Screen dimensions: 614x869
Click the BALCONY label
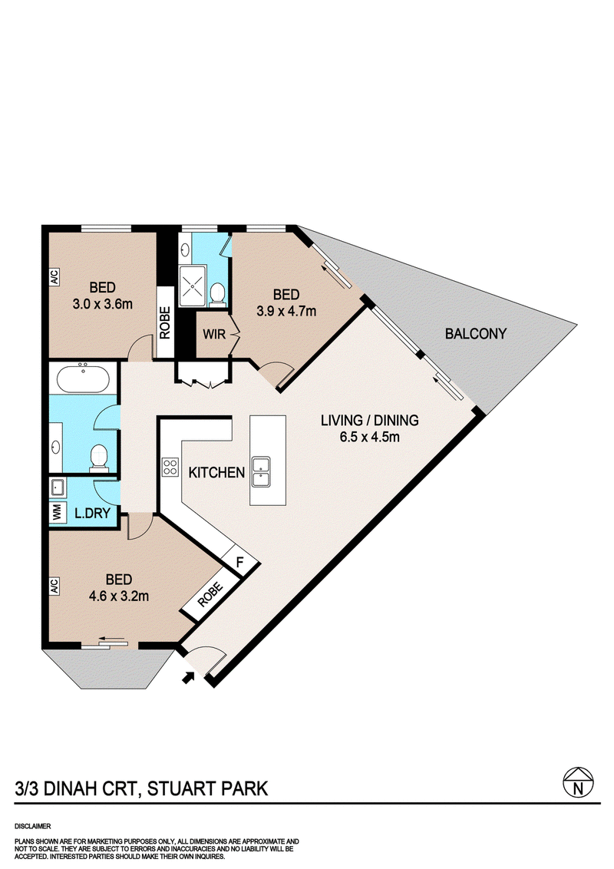475,334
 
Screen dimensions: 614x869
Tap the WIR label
214,334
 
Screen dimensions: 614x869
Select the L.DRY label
93,514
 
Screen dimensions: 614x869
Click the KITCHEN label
216,473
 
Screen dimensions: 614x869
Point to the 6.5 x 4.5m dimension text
370,437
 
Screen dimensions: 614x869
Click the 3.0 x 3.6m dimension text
103,304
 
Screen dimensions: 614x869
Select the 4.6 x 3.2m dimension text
119,596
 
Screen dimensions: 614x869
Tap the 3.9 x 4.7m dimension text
286,311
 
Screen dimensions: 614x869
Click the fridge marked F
240,561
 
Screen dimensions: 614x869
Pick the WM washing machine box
57,512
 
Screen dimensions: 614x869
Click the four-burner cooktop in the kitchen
170,467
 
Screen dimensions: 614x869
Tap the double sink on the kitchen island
260,471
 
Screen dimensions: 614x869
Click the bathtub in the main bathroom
83,378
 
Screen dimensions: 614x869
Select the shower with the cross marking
193,286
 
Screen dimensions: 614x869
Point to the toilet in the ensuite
218,294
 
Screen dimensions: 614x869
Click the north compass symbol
578,782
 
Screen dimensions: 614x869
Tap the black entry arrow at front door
189,676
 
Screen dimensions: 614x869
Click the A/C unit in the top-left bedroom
54,277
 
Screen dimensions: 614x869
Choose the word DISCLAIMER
33,826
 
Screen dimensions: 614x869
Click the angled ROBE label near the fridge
210,594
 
